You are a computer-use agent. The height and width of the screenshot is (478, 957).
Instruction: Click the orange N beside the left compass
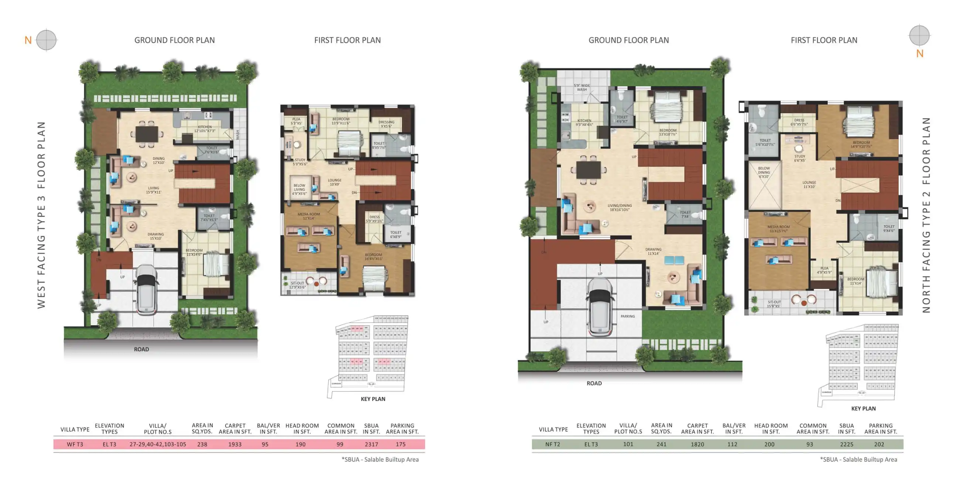pyautogui.click(x=28, y=40)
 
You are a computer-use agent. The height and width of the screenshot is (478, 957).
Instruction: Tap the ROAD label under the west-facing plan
pyautogui.click(x=141, y=349)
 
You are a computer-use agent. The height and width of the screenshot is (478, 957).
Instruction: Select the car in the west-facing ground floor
pyautogui.click(x=146, y=290)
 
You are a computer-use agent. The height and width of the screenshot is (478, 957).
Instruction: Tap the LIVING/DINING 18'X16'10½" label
pyautogui.click(x=619, y=207)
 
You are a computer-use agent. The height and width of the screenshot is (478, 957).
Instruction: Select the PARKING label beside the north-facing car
pyautogui.click(x=627, y=316)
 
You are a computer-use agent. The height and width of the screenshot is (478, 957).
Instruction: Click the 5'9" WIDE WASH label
pyautogui.click(x=582, y=87)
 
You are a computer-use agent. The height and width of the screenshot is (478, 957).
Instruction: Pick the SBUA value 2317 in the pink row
pyautogui.click(x=371, y=444)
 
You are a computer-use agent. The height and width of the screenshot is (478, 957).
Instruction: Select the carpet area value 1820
pyautogui.click(x=697, y=444)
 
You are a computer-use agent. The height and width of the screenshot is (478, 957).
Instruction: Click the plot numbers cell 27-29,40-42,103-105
pyautogui.click(x=158, y=444)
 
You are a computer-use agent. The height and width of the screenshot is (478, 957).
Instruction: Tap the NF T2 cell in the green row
pyautogui.click(x=552, y=444)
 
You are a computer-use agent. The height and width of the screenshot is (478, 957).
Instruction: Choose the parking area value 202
pyautogui.click(x=879, y=444)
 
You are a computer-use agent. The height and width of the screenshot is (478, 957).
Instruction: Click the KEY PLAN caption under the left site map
pyautogui.click(x=373, y=399)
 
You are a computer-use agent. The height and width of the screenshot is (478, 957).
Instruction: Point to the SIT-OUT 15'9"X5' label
pyautogui.click(x=774, y=304)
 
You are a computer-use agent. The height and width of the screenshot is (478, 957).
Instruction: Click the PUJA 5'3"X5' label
pyautogui.click(x=296, y=121)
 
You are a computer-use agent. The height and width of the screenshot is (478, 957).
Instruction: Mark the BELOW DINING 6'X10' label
pyautogui.click(x=764, y=172)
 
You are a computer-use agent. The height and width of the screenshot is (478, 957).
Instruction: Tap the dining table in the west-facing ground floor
pyautogui.click(x=147, y=134)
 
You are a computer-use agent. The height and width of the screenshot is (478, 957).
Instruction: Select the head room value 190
pyautogui.click(x=301, y=444)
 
